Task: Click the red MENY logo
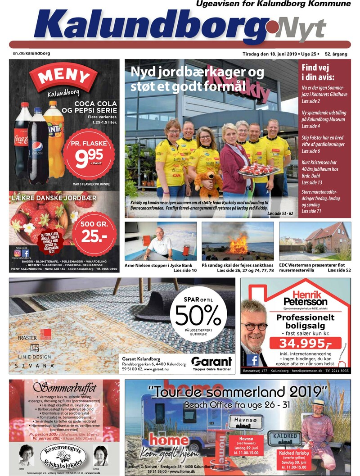63,77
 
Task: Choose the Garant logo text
211,362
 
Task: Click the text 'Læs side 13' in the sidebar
311,182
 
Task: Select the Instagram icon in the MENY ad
18,253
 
